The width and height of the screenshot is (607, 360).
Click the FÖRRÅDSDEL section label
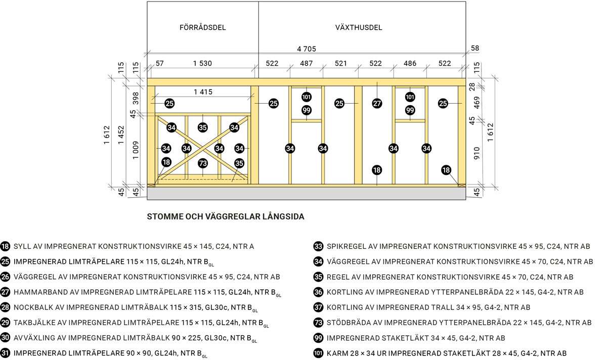pyautogui.click(x=202, y=27)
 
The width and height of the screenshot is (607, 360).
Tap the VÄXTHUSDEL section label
pyautogui.click(x=359, y=27)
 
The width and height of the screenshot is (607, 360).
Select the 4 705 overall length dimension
pyautogui.click(x=307, y=49)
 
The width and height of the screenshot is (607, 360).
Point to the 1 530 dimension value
pyautogui.click(x=202, y=64)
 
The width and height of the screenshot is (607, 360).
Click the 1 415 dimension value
pyautogui.click(x=202, y=92)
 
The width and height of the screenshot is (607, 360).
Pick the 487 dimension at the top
pyautogui.click(x=306, y=64)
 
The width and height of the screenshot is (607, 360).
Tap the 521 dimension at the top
pyautogui.click(x=341, y=64)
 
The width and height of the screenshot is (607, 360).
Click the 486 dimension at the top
pyautogui.click(x=410, y=64)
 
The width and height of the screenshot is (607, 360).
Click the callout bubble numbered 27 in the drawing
pyautogui.click(x=377, y=104)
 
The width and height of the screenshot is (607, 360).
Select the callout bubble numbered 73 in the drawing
pyautogui.click(x=202, y=163)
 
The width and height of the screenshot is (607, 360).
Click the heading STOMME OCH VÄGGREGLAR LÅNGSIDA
pyautogui.click(x=225, y=217)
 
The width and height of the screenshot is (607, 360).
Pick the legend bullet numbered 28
pyautogui.click(x=6, y=307)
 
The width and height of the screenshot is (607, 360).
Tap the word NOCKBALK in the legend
pyautogui.click(x=31, y=307)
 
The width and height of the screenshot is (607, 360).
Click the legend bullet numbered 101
pyautogui.click(x=318, y=353)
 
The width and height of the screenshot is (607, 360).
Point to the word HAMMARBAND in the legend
pyautogui.click(x=37, y=292)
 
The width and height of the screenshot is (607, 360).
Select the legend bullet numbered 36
pyautogui.click(x=318, y=292)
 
